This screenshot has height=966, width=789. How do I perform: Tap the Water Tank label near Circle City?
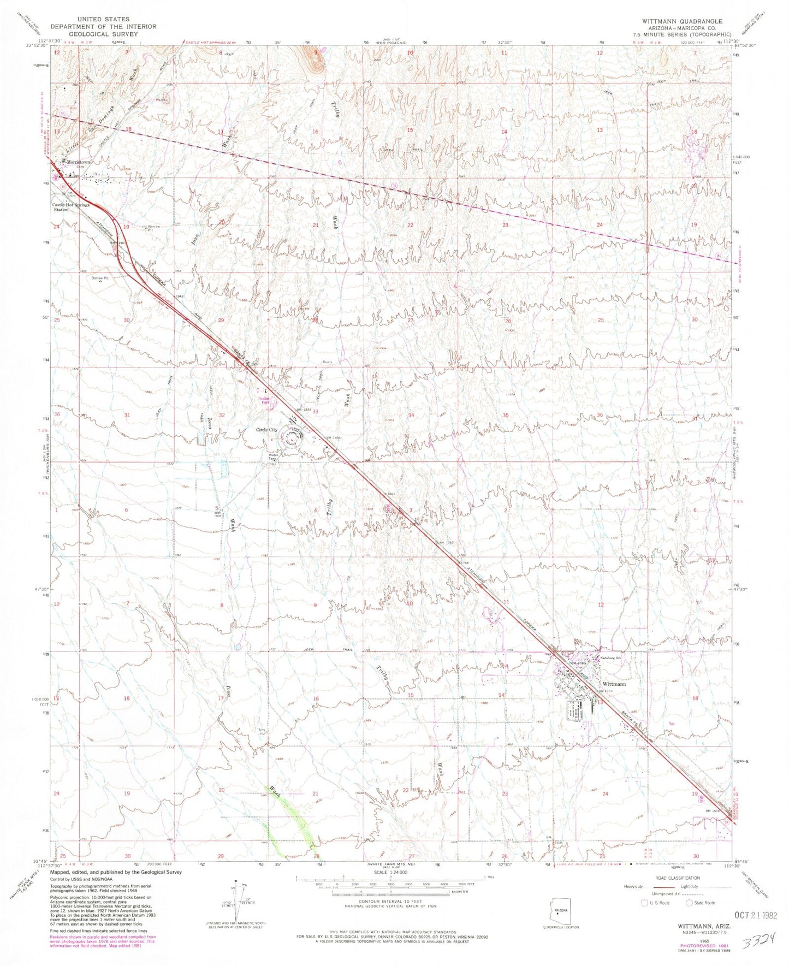(x=274, y=458)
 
